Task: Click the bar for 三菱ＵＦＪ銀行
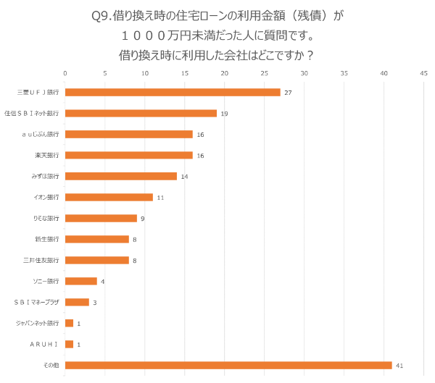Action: [173, 92]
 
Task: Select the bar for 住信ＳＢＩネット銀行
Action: [141, 113]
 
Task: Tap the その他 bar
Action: [228, 365]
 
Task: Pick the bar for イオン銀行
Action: [109, 197]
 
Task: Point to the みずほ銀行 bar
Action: [121, 176]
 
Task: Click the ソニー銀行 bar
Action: [81, 281]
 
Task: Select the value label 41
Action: [399, 365]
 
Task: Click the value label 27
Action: [288, 92]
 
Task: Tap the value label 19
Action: [224, 113]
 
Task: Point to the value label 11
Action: [160, 197]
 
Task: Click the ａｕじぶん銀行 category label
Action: [41, 134]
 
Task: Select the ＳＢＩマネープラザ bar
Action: [77, 302]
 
